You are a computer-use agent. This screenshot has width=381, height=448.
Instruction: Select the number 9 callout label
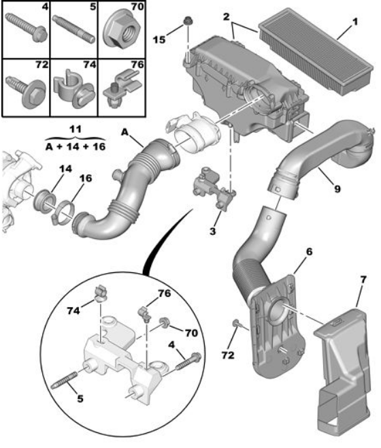[x=337, y=189]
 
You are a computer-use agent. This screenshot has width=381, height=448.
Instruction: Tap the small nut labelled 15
[x=187, y=21]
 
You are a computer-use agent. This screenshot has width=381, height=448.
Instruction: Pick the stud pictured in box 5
[x=73, y=30]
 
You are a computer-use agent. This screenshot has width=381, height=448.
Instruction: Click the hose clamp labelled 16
[x=64, y=212]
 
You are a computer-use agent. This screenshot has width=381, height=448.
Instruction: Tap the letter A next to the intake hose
[x=125, y=132]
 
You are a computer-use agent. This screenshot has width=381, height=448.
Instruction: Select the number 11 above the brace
[x=76, y=129]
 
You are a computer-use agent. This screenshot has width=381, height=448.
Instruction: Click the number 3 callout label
[x=212, y=231]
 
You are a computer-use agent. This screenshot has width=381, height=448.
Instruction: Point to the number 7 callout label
[x=363, y=280]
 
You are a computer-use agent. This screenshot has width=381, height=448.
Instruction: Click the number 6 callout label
[x=309, y=251]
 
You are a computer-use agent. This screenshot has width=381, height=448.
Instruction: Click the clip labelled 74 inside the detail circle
[x=101, y=293]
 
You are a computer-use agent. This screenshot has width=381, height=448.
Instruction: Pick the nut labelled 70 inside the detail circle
[x=165, y=322]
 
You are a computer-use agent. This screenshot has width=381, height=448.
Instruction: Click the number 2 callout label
[x=226, y=16]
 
